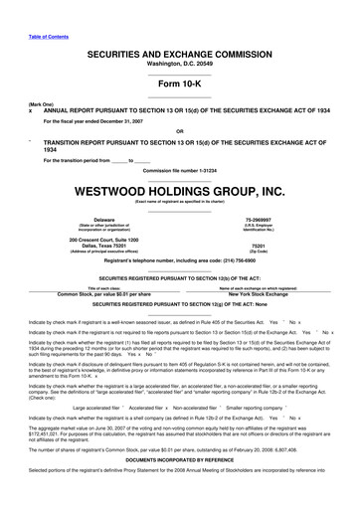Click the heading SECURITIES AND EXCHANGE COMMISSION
[179, 52]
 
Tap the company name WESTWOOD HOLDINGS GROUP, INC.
[179, 190]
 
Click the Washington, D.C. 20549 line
[179, 63]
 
